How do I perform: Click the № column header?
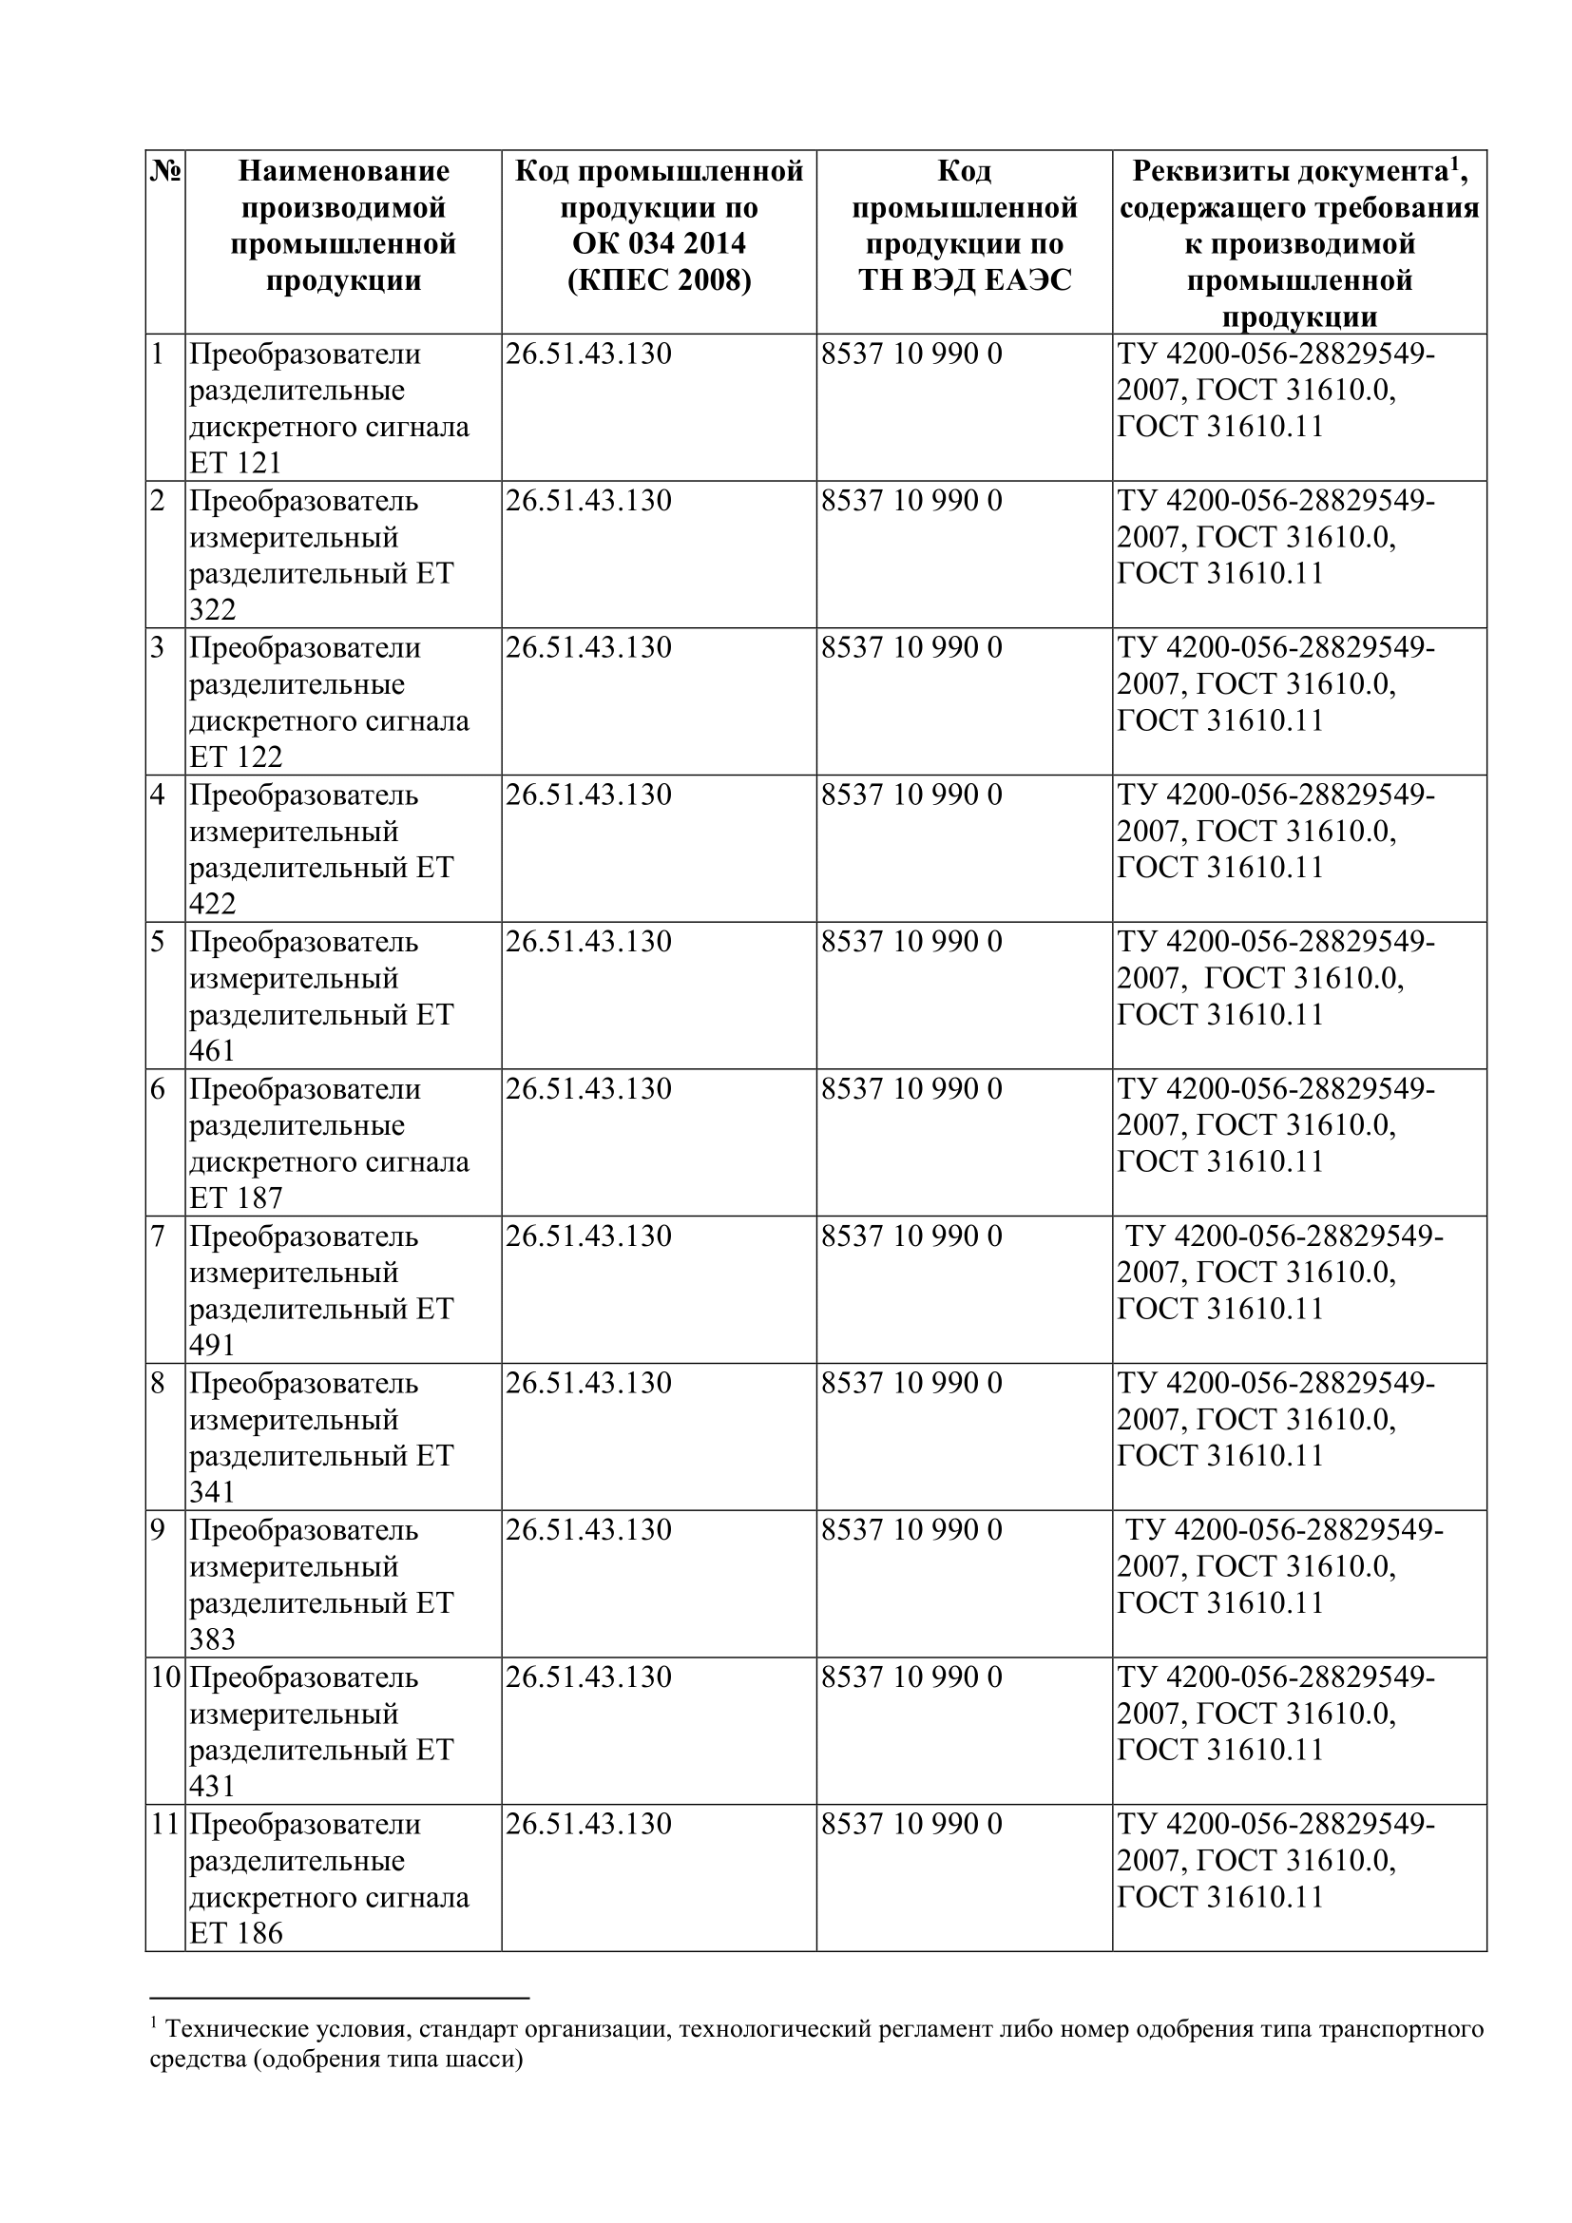165,172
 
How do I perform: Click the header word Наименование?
344,171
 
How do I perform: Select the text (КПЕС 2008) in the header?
659,280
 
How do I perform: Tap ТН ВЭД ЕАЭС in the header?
964,280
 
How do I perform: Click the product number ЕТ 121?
235,464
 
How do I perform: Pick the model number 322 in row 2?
212,610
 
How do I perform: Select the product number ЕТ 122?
235,757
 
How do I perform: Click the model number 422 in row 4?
212,904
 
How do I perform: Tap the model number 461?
212,1051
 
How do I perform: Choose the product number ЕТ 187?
235,1198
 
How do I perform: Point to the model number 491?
212,1346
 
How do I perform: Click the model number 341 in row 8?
212,1492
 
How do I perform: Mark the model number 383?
212,1639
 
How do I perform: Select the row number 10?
165,1677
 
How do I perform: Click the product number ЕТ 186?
235,1933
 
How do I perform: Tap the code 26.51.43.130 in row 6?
587,1089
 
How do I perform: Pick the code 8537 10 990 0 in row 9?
911,1531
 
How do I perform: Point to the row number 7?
158,1236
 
